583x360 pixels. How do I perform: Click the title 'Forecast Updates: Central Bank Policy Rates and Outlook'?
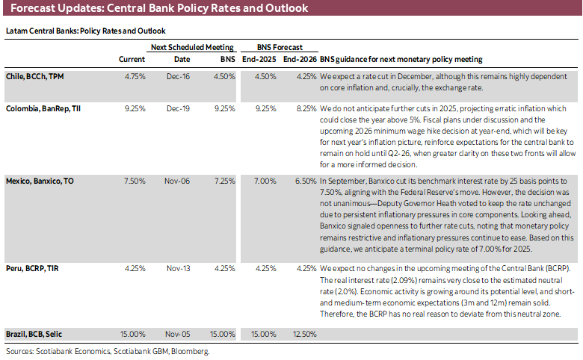pos(157,9)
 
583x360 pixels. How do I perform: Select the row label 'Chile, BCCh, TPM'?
pos(37,77)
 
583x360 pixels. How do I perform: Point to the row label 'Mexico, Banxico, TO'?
pos(42,181)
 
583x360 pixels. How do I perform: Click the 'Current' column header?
pos(132,59)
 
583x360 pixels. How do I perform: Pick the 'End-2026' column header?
pos(299,59)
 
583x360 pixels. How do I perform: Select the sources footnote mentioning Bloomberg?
pos(107,350)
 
